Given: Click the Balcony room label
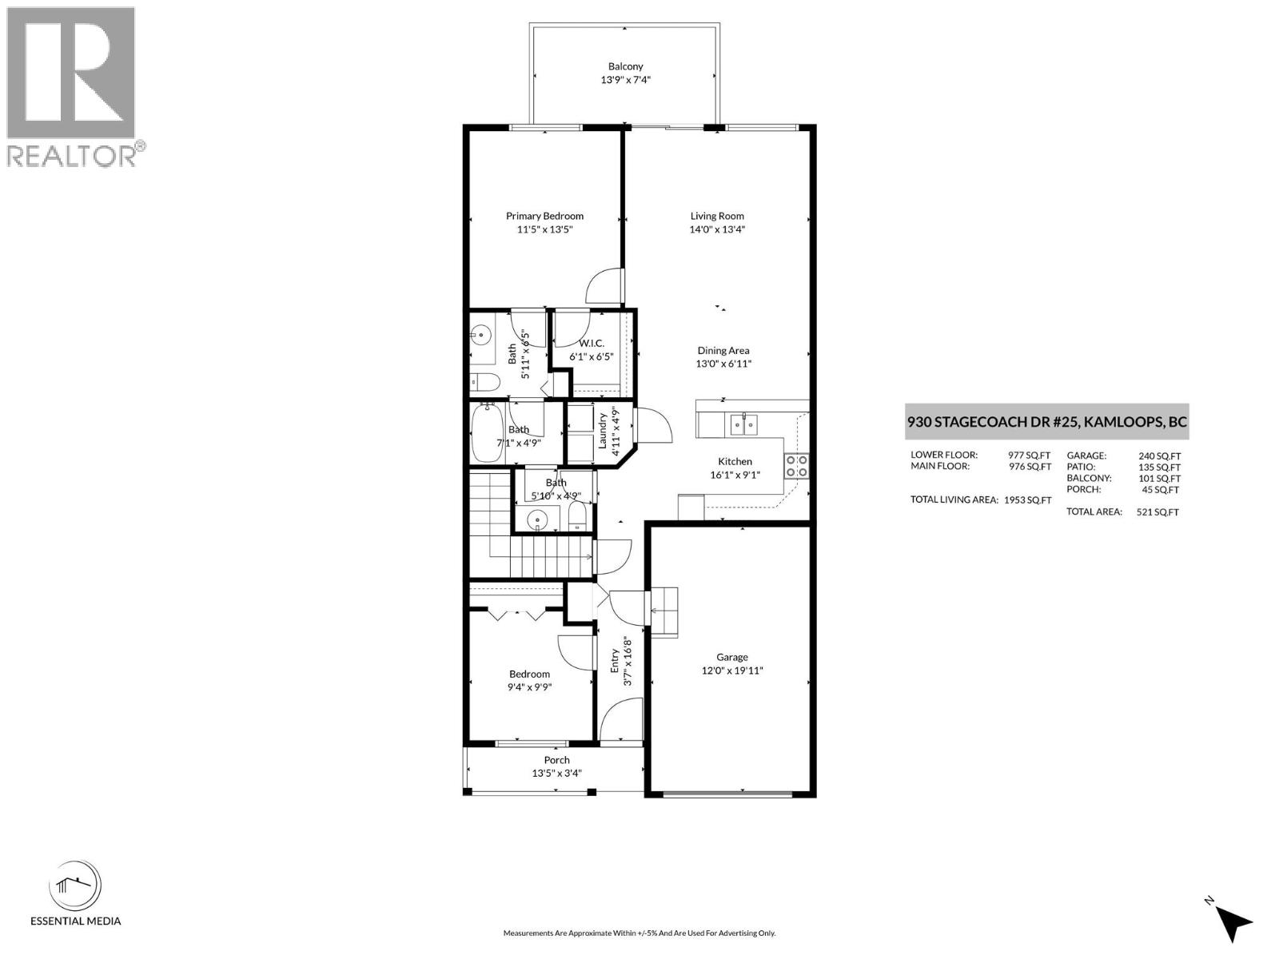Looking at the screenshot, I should tap(625, 66).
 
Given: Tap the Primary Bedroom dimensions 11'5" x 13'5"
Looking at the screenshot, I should tap(544, 229).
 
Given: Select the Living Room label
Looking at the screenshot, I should tap(717, 216).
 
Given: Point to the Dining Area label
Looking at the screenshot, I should tap(723, 350).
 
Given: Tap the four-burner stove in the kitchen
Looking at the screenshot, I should tap(796, 466).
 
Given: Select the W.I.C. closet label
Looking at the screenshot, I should tap(592, 343).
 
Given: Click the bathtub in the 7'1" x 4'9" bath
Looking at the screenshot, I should tap(486, 432).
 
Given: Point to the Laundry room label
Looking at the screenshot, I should tap(603, 432).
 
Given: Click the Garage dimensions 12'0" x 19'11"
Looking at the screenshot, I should tap(732, 671).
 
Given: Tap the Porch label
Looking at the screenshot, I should tap(556, 760).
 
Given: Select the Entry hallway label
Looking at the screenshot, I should tap(615, 660).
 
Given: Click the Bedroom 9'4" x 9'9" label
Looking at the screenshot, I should tap(528, 674).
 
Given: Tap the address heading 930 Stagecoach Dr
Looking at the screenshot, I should tap(1046, 421).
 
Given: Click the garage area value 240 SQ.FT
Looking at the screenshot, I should tap(1159, 456).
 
